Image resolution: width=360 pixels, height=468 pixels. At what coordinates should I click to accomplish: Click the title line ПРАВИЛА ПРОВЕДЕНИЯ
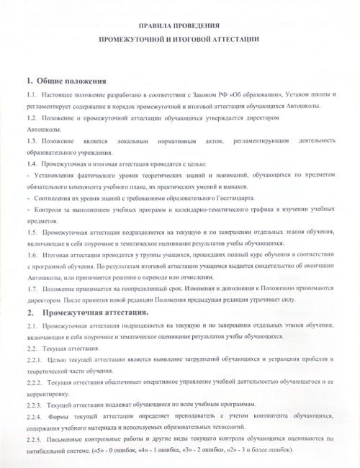click(x=179, y=22)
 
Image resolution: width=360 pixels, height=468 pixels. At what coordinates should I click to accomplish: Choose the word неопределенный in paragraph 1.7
click(x=156, y=289)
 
